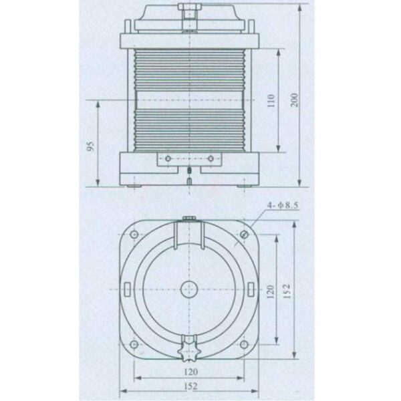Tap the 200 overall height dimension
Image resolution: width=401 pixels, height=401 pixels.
tap(294, 99)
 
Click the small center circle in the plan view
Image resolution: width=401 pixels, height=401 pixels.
tap(190, 289)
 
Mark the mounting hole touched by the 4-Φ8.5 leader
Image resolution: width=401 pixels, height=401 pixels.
tap(245, 234)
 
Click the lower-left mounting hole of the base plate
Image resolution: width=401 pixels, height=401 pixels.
tap(134, 344)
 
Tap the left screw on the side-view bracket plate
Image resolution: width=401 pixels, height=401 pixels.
tap(168, 158)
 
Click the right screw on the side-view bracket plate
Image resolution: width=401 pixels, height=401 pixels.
tap(211, 158)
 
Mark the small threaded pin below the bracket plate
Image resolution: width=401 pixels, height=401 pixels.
tap(190, 177)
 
